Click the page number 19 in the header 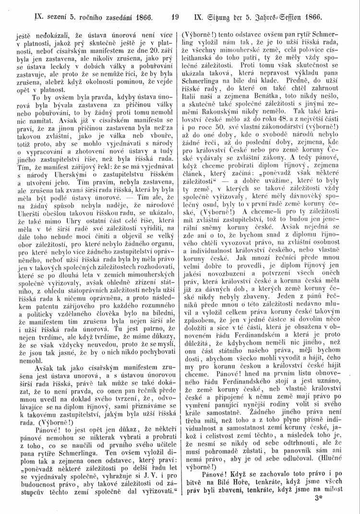174,19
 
